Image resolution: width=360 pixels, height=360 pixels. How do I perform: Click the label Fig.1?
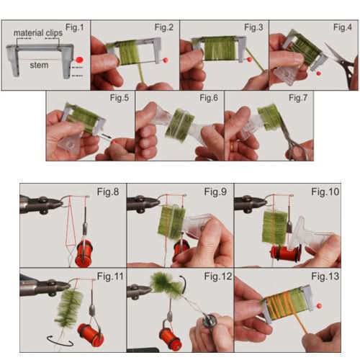click(x=75, y=27)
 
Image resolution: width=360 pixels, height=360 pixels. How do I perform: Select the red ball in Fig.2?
click(x=167, y=60)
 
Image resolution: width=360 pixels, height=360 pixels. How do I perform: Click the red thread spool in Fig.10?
click(x=285, y=253)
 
